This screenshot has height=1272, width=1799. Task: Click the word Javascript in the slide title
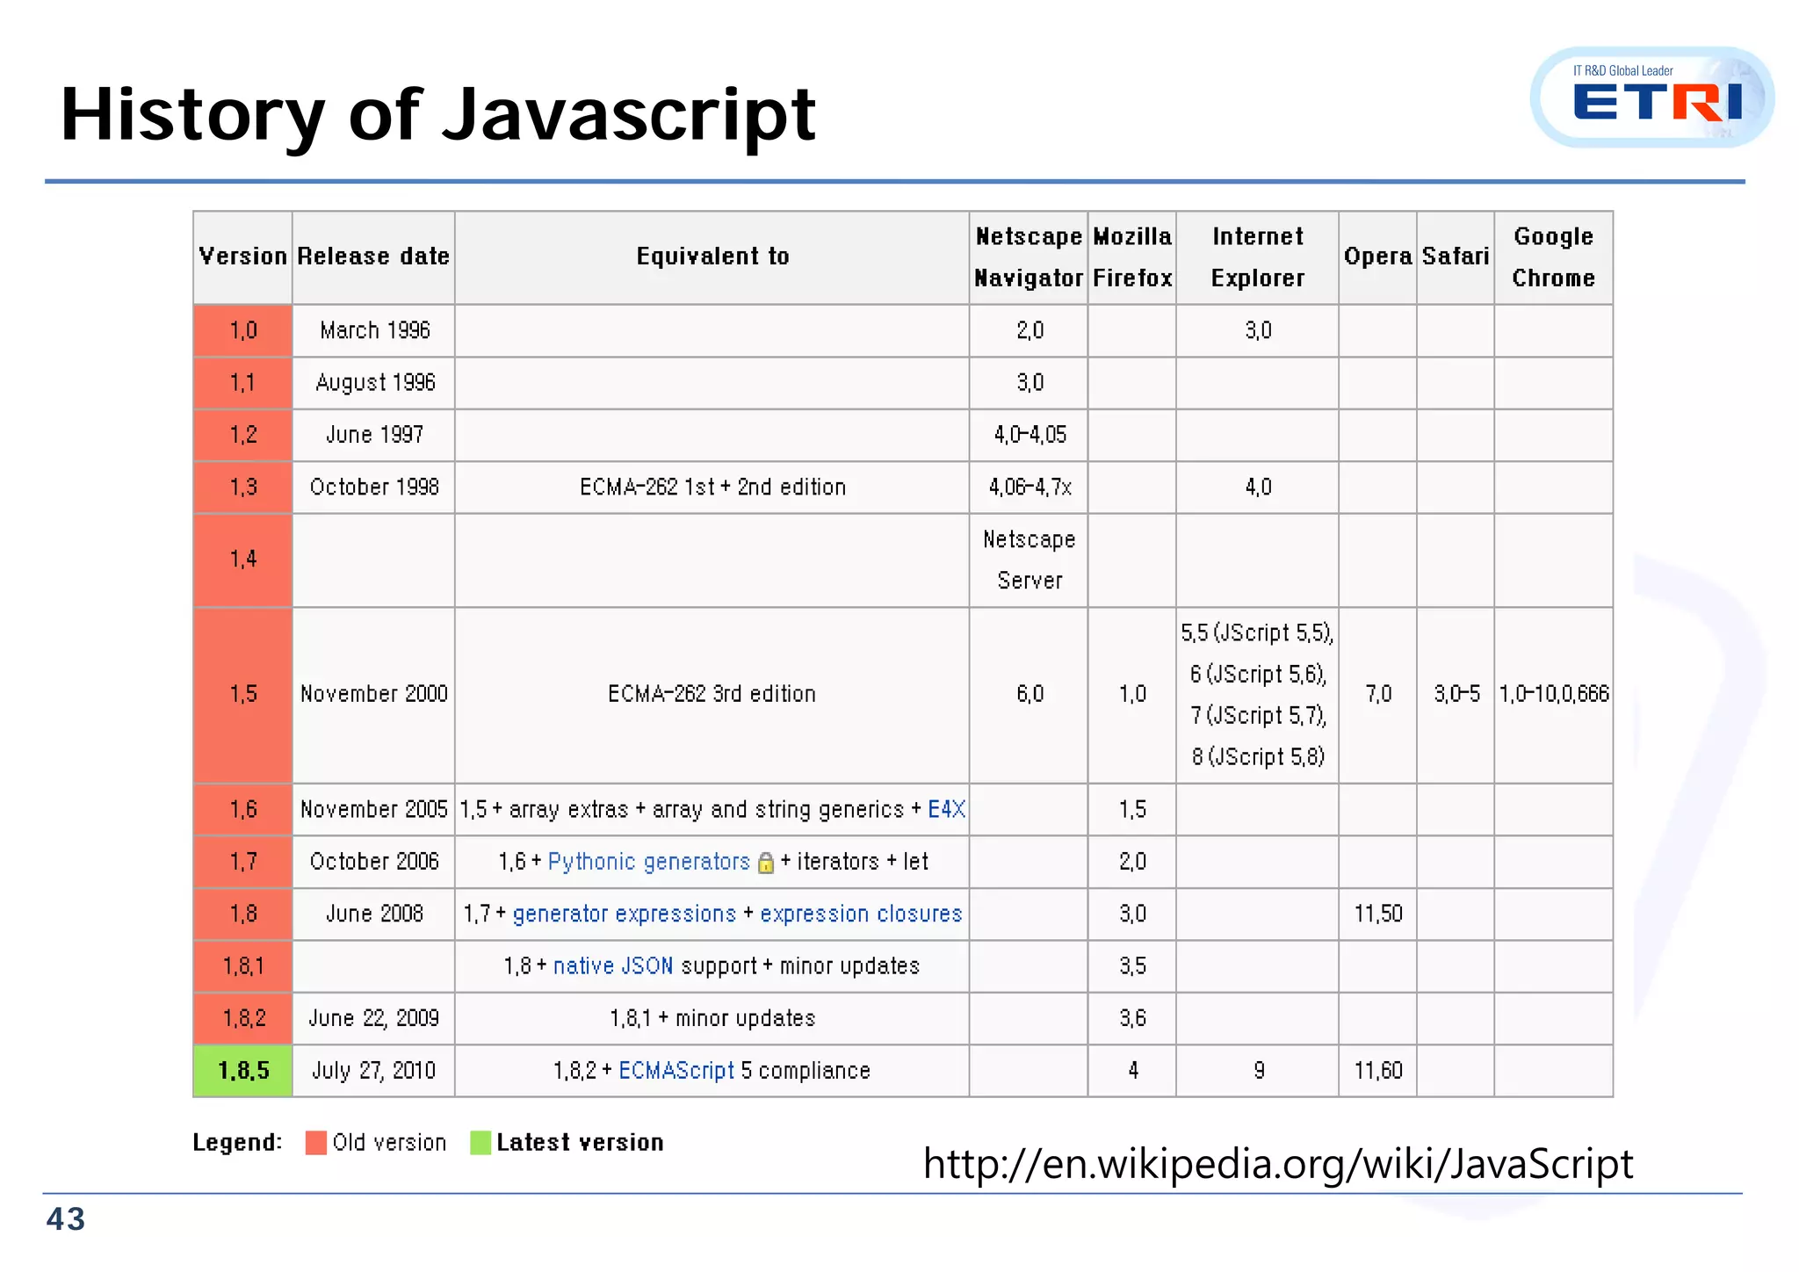point(629,115)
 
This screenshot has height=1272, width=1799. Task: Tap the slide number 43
point(66,1219)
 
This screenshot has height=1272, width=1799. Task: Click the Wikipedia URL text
point(1277,1163)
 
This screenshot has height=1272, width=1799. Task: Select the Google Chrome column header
point(1552,257)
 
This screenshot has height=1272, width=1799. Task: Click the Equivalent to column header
point(712,257)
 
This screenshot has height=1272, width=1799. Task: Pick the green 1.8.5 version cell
point(243,1071)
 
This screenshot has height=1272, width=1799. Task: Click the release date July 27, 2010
point(373,1071)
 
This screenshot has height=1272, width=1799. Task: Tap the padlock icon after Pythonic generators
point(765,863)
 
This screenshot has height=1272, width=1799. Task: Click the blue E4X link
point(946,809)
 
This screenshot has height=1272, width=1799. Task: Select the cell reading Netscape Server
point(1029,560)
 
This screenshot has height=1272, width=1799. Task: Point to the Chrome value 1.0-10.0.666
point(1553,694)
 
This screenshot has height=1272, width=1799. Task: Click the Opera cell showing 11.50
point(1377,914)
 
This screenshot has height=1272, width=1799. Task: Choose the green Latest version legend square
point(480,1143)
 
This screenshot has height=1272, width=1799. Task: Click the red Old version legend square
point(315,1143)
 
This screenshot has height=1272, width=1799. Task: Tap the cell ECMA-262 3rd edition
point(712,694)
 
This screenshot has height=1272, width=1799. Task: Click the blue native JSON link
point(612,966)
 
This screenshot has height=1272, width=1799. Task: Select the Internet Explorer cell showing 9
point(1258,1071)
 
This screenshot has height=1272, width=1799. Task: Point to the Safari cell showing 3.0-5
point(1456,694)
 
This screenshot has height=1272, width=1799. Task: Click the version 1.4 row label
point(243,560)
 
